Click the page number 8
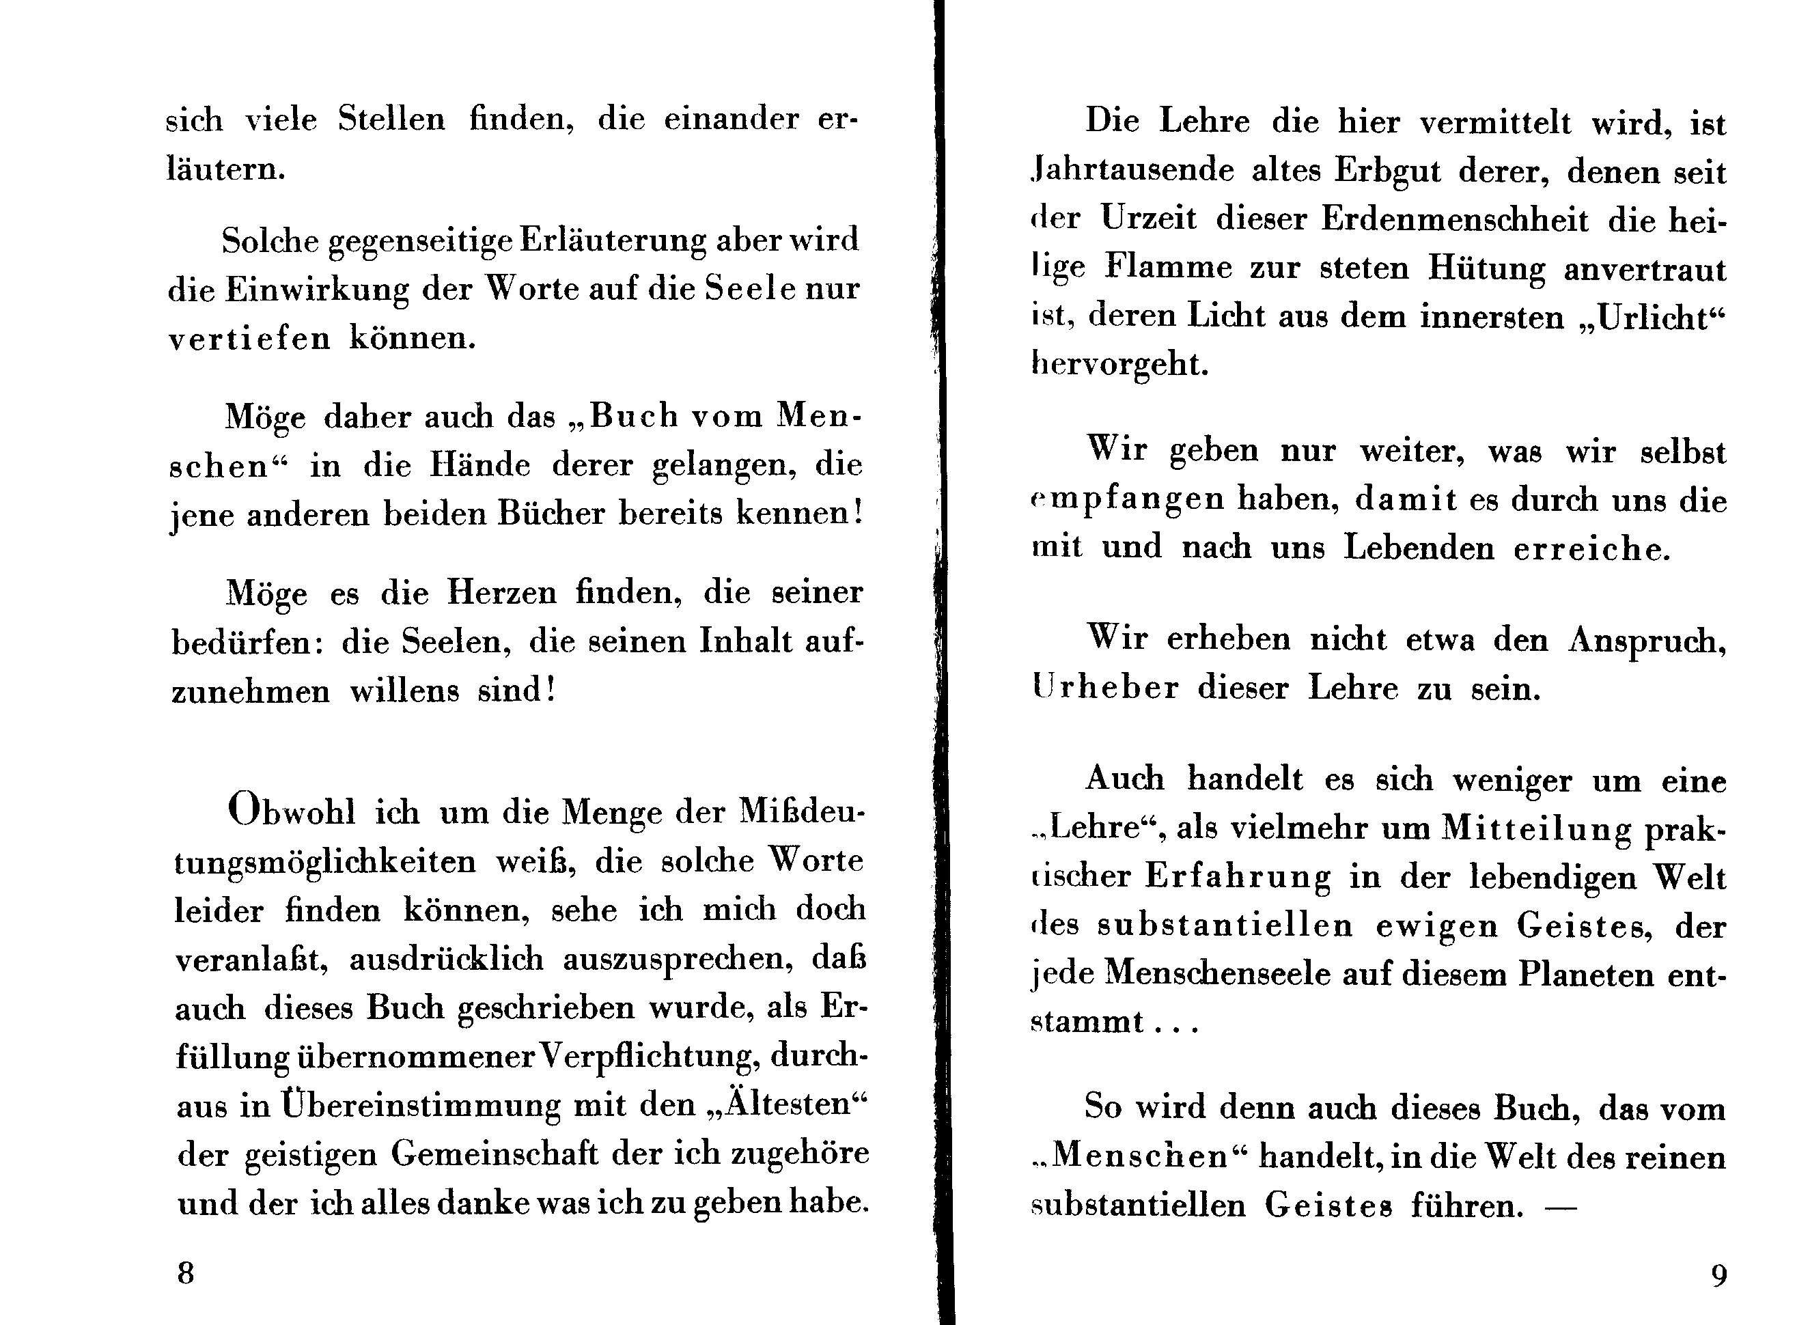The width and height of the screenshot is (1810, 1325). click(185, 1273)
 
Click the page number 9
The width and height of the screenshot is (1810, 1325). click(1718, 1275)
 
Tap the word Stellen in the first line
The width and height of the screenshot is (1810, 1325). click(391, 120)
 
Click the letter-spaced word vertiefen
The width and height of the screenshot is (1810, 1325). click(249, 339)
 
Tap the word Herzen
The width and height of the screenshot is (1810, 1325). click(501, 594)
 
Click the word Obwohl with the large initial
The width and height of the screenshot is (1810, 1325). click(291, 811)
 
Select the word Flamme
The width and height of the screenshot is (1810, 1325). click(1168, 268)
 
